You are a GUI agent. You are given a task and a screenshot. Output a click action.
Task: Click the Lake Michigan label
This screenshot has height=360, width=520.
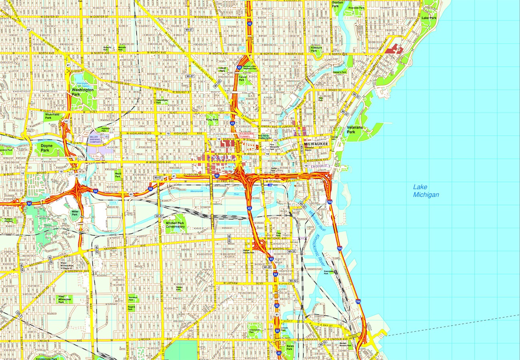[426, 191]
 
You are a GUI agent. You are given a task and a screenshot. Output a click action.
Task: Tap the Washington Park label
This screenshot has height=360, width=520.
[82, 92]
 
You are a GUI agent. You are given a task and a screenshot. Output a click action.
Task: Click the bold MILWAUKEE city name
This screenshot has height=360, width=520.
[316, 144]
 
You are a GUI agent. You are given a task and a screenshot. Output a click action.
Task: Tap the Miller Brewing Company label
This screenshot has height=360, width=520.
[96, 139]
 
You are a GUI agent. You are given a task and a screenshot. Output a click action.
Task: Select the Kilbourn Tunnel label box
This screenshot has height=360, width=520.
[247, 135]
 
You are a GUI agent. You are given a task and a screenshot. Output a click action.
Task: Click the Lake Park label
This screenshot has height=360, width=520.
[429, 18]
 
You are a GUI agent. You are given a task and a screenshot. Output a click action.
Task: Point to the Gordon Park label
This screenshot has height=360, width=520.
[338, 4]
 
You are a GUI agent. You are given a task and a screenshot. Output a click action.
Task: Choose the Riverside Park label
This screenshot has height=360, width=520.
[356, 8]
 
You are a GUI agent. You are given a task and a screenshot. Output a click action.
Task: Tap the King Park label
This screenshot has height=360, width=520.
[212, 119]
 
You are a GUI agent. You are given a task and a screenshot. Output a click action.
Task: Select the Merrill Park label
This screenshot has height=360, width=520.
[118, 174]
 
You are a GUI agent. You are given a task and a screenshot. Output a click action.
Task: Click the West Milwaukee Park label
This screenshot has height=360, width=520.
[64, 299]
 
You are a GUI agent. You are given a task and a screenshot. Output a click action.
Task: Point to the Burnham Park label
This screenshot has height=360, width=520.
[133, 298]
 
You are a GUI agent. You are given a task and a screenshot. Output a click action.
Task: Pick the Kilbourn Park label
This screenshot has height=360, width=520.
[316, 49]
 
